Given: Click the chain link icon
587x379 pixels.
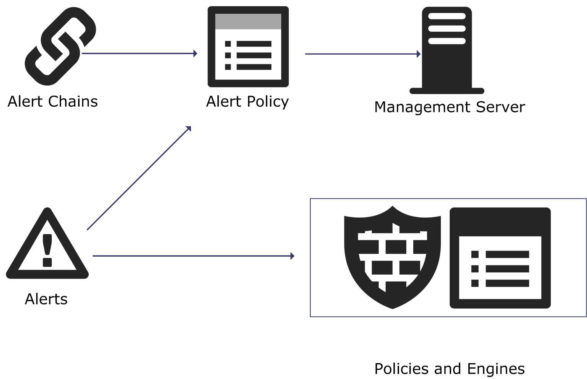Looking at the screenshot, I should click(x=60, y=46).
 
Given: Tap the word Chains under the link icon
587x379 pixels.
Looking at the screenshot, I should click(x=73, y=102).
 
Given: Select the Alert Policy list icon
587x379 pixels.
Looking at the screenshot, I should click(x=248, y=47).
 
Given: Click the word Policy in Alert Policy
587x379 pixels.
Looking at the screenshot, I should click(x=268, y=102).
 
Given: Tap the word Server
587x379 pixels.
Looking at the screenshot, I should click(x=501, y=107).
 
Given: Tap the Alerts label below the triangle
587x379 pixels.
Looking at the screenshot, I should click(x=46, y=299).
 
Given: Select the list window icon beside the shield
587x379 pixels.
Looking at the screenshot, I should click(x=500, y=258).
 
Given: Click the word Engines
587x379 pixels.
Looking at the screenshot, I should click(x=496, y=369).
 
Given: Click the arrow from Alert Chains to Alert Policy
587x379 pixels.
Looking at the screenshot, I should click(x=140, y=54).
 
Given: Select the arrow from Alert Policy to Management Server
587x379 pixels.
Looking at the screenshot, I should click(x=362, y=54).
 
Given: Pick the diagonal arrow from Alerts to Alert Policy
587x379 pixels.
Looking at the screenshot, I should click(x=139, y=178).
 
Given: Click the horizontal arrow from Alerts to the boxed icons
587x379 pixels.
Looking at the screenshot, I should click(x=193, y=256).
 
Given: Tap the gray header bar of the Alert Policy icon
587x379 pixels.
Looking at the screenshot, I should click(x=248, y=21).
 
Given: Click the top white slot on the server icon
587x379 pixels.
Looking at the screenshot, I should click(x=447, y=16).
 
